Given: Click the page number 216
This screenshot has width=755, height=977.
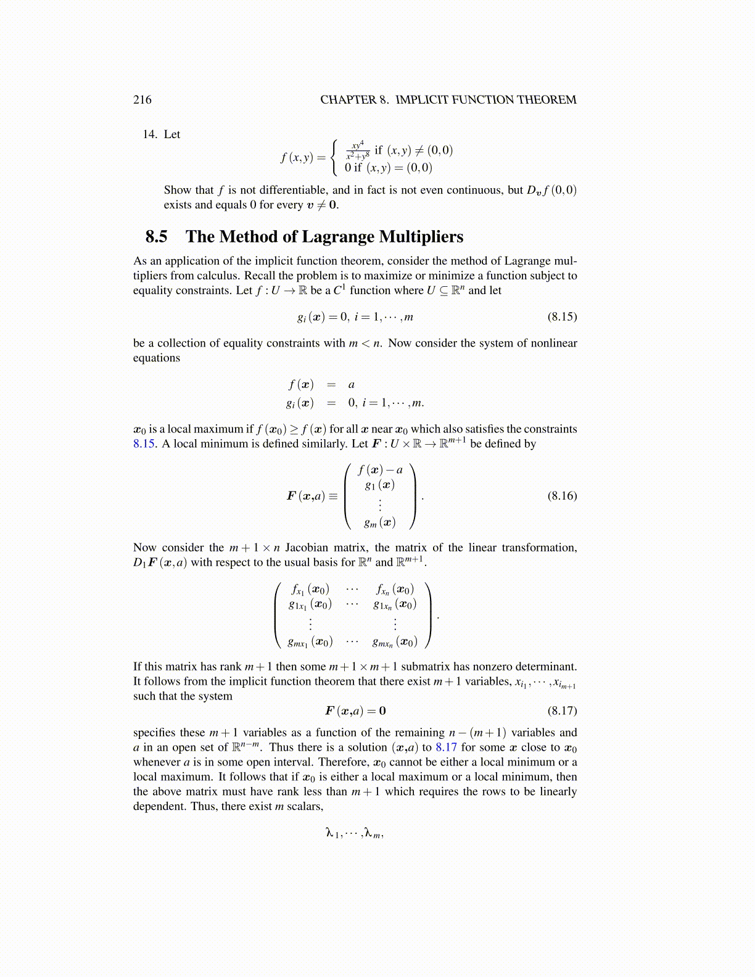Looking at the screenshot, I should tap(142, 100).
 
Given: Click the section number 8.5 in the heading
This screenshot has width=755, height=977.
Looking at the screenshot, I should tap(156, 237).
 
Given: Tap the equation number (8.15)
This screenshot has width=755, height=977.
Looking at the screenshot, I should tap(562, 317).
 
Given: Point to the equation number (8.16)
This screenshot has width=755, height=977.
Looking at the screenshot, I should tap(562, 496).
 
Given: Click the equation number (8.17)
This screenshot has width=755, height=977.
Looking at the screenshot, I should tap(562, 711).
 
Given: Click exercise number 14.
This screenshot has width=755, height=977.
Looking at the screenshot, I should tap(150, 134).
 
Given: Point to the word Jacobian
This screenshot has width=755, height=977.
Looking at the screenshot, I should tap(306, 548).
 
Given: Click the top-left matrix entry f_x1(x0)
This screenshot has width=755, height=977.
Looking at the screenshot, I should tap(310, 590).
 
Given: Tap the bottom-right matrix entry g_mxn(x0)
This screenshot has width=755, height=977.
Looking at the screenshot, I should tap(395, 642).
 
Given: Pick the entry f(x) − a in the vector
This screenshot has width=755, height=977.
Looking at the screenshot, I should tap(380, 471).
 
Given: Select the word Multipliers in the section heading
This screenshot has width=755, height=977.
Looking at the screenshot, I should tap(421, 237).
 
